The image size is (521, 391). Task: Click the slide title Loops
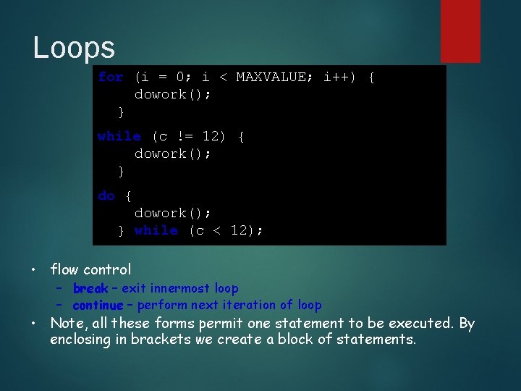click(x=74, y=48)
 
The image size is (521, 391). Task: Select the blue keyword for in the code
click(x=111, y=77)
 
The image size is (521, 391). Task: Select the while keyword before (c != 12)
click(x=119, y=136)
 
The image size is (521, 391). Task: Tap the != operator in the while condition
click(x=185, y=136)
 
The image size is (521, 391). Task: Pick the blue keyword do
click(x=106, y=195)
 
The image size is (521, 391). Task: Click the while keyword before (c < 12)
click(x=156, y=230)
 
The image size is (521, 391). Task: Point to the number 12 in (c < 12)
click(x=240, y=230)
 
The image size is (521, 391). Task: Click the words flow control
click(x=90, y=269)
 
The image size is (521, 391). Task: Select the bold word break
click(x=90, y=288)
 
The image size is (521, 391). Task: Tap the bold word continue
click(x=98, y=305)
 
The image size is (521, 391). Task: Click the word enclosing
click(x=81, y=339)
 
